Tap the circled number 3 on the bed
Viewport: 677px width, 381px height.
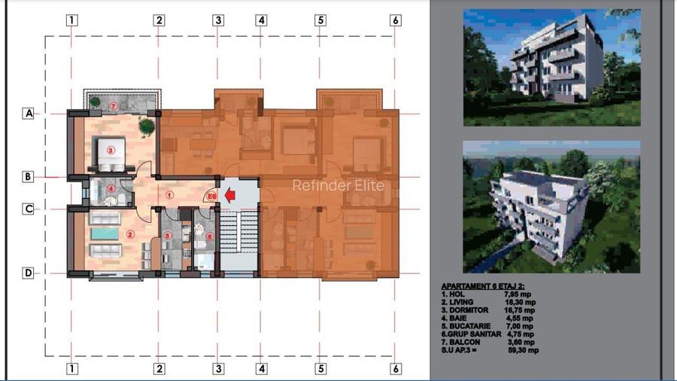click(111, 151)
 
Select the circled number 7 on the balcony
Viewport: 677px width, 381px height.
click(114, 106)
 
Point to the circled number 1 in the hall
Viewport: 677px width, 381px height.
click(170, 194)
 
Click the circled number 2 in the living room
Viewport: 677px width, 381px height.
click(130, 235)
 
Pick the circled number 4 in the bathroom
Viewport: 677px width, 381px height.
click(111, 189)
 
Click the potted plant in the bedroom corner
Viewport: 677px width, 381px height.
click(146, 125)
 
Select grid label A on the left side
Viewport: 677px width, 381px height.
click(29, 114)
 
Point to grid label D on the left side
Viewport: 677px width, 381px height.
click(29, 273)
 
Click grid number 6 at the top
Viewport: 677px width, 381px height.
click(396, 20)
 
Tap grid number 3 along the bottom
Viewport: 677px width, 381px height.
click(218, 369)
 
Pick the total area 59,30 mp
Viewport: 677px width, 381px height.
click(523, 350)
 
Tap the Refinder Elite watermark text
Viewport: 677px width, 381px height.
click(338, 185)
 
